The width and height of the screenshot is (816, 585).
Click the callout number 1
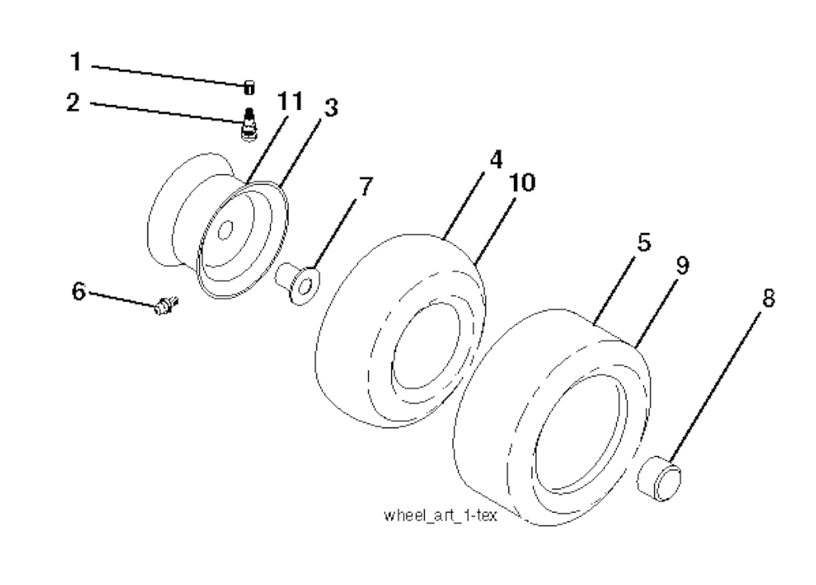[76, 61]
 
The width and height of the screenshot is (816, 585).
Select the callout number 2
[73, 102]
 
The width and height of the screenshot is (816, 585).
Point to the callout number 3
[331, 107]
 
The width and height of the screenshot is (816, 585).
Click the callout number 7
[367, 186]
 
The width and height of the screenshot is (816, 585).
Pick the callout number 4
[496, 159]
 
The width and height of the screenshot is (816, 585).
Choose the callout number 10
[522, 182]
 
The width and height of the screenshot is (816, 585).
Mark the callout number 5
[644, 242]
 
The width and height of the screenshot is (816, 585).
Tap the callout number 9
[682, 265]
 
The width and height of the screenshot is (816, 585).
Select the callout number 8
[768, 298]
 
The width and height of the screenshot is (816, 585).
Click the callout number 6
[78, 291]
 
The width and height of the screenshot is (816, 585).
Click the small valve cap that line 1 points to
[249, 88]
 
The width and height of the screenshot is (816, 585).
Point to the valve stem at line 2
[249, 123]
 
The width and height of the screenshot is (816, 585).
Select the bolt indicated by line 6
[167, 305]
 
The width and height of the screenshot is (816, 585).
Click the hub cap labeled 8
[659, 478]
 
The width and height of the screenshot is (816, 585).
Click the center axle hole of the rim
[225, 229]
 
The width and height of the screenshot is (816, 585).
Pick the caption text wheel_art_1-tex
[440, 515]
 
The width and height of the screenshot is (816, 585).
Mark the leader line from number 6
[123, 299]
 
